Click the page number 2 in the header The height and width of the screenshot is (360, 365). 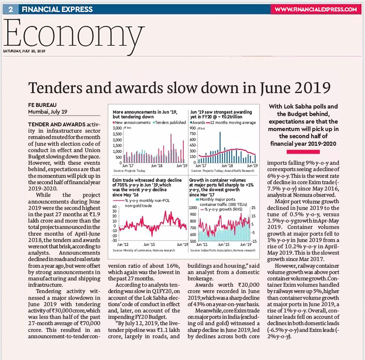(x=10, y=10)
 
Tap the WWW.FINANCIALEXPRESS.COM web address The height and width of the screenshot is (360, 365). (x=316, y=10)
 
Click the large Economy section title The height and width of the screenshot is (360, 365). (x=74, y=34)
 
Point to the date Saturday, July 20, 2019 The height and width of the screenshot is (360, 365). (x=24, y=51)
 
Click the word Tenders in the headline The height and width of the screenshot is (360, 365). (x=55, y=88)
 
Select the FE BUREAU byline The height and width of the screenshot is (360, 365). (x=42, y=105)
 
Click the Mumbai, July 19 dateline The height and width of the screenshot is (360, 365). (x=48, y=112)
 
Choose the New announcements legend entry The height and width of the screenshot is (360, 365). (x=132, y=122)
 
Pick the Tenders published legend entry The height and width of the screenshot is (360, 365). (x=169, y=122)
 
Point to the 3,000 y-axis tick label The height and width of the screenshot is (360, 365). (x=117, y=128)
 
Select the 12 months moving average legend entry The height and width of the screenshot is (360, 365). (x=231, y=122)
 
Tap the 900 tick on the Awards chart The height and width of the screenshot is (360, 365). (x=193, y=128)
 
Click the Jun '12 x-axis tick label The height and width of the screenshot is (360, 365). (x=122, y=244)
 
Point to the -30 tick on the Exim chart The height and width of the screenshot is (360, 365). (x=114, y=240)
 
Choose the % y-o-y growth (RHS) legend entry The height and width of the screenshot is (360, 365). (x=221, y=210)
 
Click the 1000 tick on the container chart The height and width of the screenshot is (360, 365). (x=193, y=208)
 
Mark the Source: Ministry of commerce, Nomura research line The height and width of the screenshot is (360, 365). (x=144, y=250)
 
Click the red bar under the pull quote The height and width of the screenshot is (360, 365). (x=303, y=152)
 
